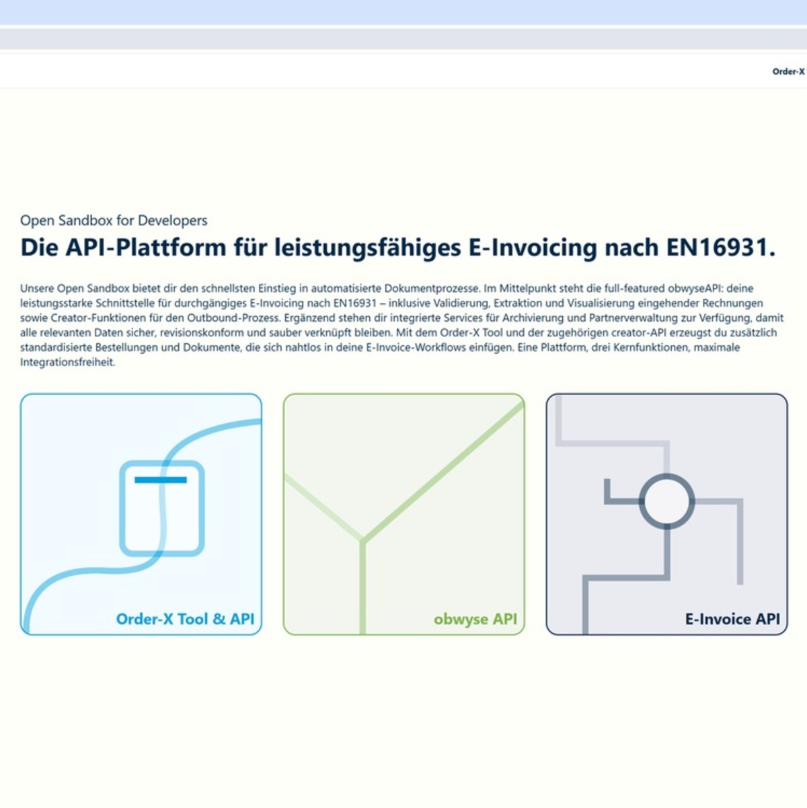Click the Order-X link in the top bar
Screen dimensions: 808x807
point(787,71)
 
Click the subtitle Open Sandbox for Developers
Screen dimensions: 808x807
point(114,221)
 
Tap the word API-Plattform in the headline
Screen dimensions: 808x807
point(145,248)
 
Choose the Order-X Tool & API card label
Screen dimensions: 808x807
point(185,619)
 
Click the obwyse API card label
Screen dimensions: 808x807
point(475,619)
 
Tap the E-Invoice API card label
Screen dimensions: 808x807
point(732,619)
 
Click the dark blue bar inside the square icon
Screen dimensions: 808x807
point(161,480)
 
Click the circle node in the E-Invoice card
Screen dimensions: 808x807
point(666,501)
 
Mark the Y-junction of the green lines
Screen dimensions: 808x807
point(362,540)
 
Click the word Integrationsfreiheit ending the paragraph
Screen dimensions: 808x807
point(67,362)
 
